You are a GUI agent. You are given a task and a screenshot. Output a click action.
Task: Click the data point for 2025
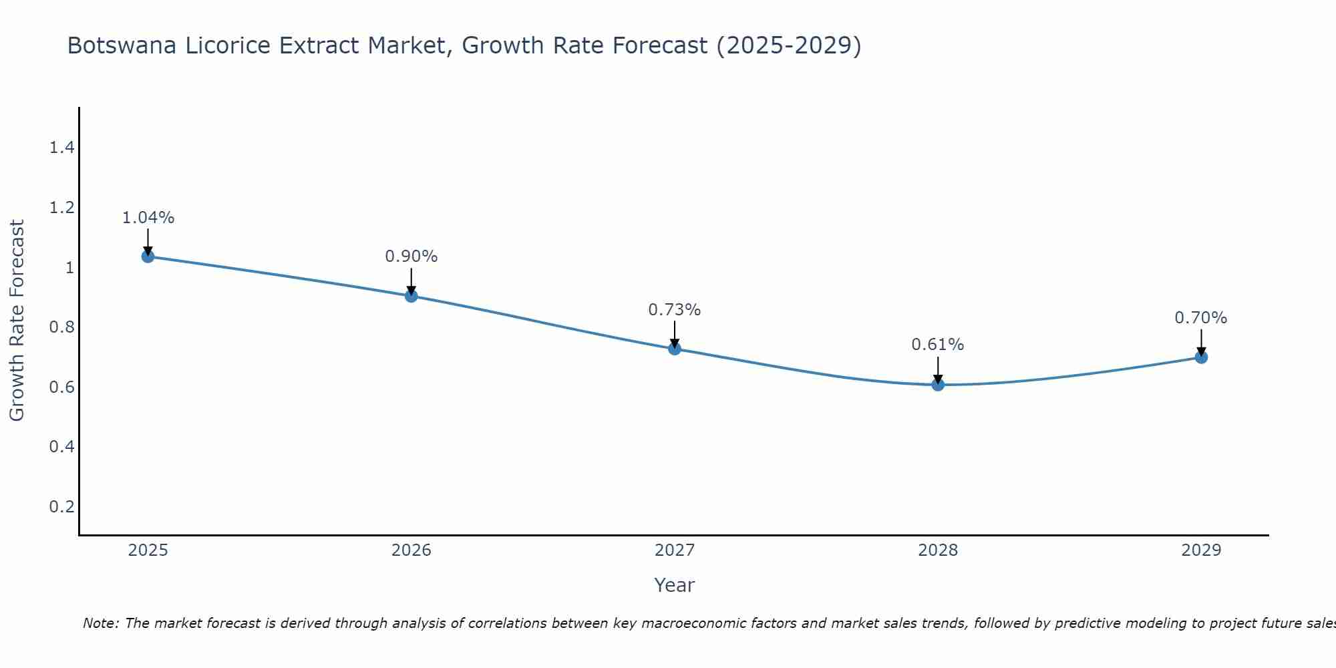point(148,257)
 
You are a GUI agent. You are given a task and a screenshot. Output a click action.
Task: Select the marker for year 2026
point(411,296)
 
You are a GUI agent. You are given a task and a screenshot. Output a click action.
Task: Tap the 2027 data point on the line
point(675,349)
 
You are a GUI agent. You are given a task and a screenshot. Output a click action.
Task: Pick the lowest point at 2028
point(938,385)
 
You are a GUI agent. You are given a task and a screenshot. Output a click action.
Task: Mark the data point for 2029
point(1201,357)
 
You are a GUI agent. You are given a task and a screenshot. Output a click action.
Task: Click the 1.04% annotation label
point(148,218)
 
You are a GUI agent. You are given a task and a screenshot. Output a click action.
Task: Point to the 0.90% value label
point(411,257)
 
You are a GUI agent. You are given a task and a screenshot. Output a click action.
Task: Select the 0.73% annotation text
point(675,310)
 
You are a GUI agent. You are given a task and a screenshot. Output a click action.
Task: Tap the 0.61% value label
point(938,345)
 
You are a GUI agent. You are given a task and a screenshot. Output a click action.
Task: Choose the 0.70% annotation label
point(1201,318)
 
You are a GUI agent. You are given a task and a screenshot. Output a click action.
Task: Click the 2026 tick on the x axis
point(411,550)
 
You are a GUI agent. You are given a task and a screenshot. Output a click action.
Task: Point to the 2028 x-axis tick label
point(938,550)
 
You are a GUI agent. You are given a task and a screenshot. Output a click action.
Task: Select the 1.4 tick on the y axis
point(61,148)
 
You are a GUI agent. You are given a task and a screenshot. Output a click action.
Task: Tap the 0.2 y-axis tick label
point(61,506)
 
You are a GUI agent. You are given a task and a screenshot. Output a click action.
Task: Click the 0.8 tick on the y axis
point(61,327)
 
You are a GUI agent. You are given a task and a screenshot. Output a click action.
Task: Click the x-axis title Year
point(675,585)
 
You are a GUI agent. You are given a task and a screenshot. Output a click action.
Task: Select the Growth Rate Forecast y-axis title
point(17,321)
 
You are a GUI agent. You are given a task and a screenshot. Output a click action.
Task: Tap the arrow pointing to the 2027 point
point(675,334)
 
